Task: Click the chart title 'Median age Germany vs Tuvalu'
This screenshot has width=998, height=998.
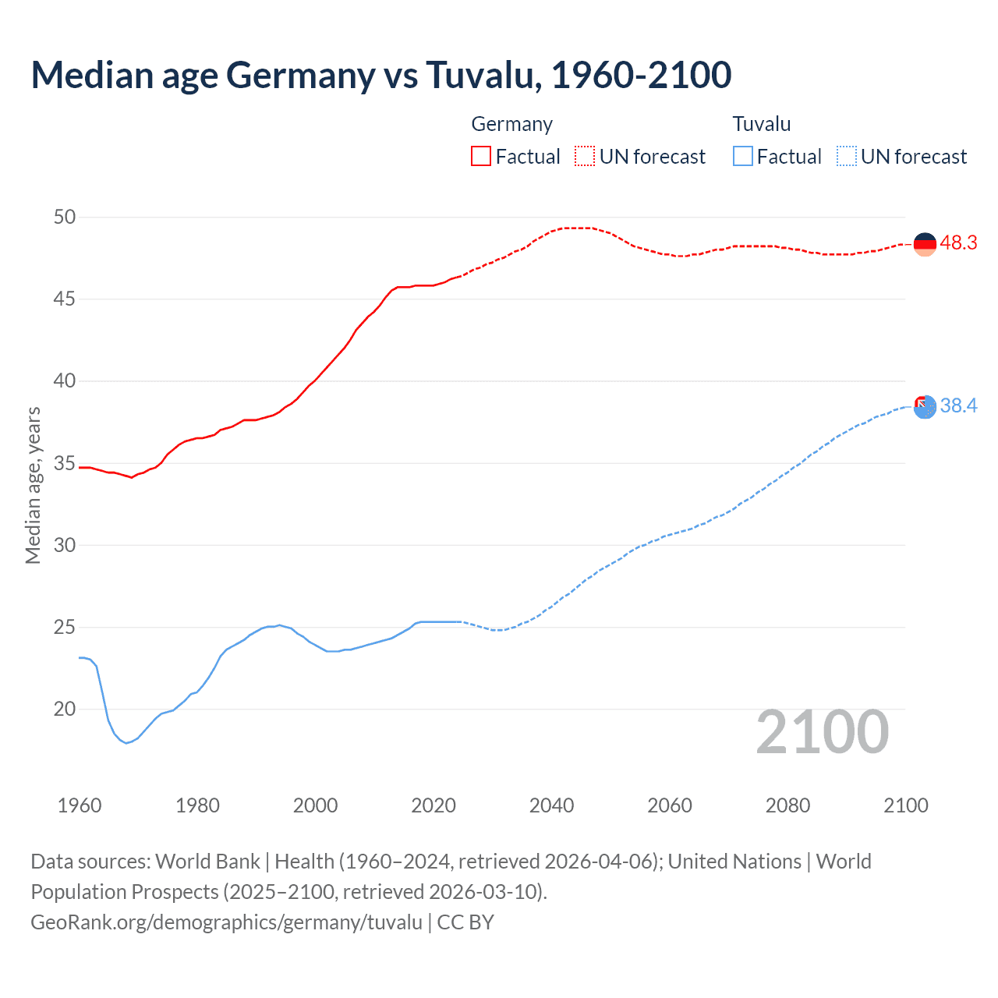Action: (380, 75)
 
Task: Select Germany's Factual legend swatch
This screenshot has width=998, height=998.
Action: (481, 156)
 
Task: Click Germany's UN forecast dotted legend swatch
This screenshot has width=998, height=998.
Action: (585, 156)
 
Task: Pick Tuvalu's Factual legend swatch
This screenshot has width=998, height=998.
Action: (743, 156)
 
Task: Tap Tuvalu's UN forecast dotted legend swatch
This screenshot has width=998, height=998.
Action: (847, 156)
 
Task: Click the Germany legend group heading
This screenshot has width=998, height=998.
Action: (511, 124)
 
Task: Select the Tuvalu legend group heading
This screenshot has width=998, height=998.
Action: (761, 124)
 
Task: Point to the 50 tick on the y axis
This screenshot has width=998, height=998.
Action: (65, 217)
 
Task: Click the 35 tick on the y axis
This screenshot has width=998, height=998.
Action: (65, 463)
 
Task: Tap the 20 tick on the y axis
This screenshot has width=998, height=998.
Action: (65, 709)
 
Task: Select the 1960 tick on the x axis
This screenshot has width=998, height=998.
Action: (80, 805)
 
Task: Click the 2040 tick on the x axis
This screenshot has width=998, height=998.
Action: (551, 805)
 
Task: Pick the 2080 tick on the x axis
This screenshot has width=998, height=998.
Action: (787, 805)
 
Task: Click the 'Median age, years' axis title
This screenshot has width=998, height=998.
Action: (33, 485)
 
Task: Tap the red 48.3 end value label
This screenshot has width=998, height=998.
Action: (958, 243)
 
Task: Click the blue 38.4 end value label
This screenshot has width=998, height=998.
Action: (958, 405)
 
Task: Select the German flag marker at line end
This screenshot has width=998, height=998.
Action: (925, 244)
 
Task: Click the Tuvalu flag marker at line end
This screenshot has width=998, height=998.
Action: (925, 406)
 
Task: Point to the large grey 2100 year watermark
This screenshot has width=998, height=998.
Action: (822, 731)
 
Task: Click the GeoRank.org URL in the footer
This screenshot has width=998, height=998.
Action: (226, 922)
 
